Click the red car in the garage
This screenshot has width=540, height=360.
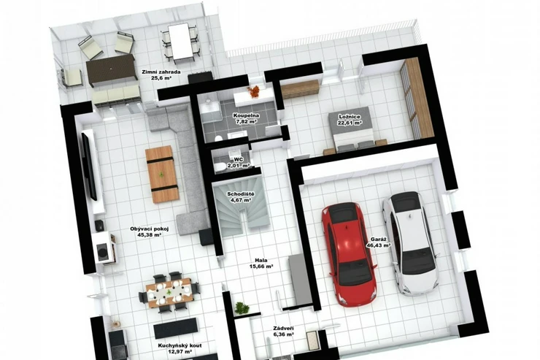348,254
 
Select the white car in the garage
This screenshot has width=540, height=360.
411,243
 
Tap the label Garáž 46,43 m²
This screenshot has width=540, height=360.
380,242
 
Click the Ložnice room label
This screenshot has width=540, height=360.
350,120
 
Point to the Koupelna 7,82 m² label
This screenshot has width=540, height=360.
246,118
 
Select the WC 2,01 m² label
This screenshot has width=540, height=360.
239,163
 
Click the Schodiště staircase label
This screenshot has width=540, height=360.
241,196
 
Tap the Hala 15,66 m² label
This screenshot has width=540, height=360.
261,263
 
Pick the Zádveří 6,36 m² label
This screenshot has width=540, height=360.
283,332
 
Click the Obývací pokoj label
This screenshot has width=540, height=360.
150,231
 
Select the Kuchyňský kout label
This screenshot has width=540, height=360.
180,348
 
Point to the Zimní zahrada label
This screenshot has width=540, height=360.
161,74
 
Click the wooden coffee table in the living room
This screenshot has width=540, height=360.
162,174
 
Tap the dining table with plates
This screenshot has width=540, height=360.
169,293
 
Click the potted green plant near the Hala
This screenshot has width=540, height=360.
242,307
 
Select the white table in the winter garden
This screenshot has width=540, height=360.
180,42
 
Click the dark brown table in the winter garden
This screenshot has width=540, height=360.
110,69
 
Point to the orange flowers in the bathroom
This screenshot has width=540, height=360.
254,91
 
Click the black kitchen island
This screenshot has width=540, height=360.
176,329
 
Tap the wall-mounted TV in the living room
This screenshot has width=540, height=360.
89,166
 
